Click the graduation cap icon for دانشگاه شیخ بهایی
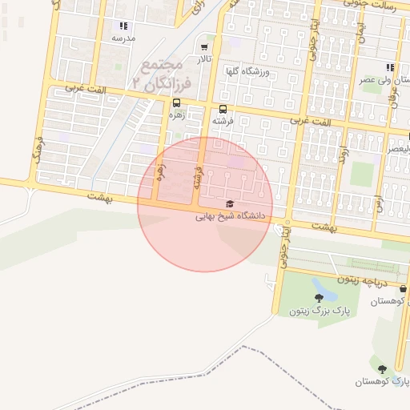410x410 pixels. [231, 204]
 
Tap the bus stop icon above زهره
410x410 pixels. [176, 102]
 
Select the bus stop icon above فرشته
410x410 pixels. [223, 109]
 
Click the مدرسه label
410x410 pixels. [123, 38]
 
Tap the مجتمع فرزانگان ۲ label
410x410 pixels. [162, 71]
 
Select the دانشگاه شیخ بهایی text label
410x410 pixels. [231, 216]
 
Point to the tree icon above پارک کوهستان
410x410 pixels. [381, 368]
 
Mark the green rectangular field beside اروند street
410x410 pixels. [362, 174]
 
